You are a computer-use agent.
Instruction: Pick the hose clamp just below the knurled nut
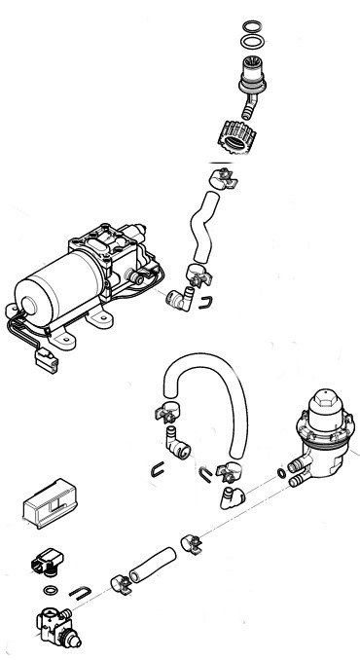click(x=222, y=179)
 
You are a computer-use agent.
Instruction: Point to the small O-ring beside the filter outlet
click(x=281, y=473)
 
